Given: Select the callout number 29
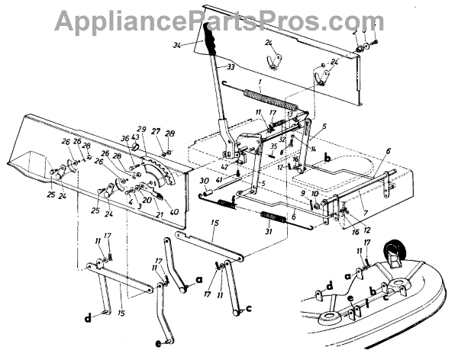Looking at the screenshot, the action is (141, 130).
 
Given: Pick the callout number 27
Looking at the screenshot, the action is (155, 131).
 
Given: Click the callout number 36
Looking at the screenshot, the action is (126, 138).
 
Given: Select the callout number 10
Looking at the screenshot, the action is (315, 194).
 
